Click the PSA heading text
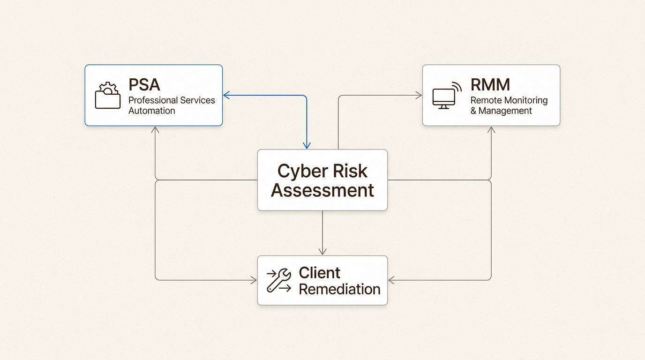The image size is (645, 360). (x=144, y=85)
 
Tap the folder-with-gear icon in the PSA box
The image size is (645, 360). (x=107, y=96)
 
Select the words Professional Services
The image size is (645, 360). (x=172, y=100)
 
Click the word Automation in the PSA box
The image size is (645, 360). (x=151, y=111)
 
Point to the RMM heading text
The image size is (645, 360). (x=490, y=85)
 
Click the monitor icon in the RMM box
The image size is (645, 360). (x=444, y=97)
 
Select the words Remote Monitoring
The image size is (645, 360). (x=509, y=100)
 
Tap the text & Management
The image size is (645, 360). (x=501, y=111)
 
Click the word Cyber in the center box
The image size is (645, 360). (x=299, y=171)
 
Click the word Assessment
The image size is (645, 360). (x=322, y=191)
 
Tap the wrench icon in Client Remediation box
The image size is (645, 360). (x=278, y=280)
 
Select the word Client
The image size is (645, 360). (x=320, y=273)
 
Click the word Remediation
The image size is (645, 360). (x=339, y=289)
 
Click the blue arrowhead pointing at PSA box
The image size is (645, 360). (x=226, y=96)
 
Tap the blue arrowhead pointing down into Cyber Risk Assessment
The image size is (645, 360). (x=307, y=146)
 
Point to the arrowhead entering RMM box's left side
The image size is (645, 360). (x=419, y=96)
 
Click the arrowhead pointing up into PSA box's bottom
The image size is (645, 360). (x=155, y=129)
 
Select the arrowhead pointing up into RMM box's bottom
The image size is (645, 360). (x=491, y=129)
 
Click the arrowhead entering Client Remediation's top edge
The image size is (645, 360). (x=322, y=252)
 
